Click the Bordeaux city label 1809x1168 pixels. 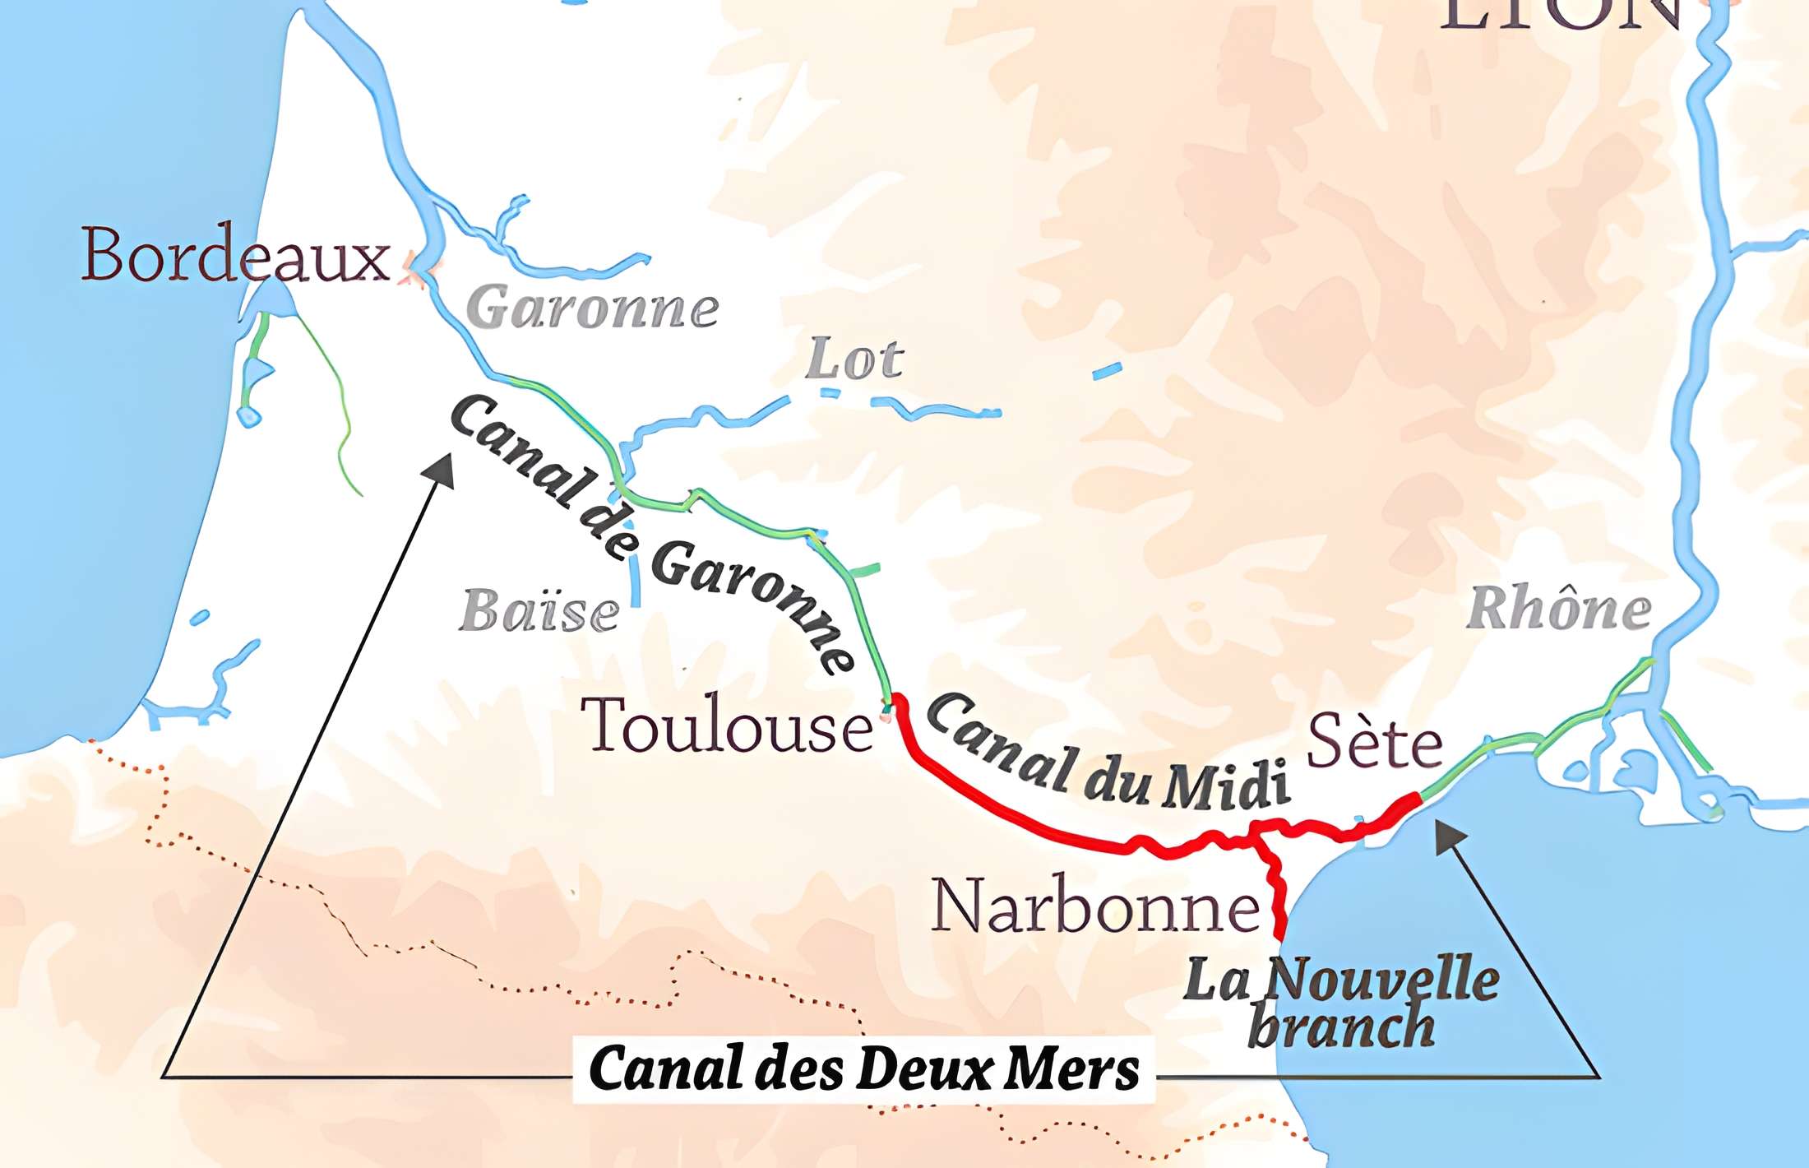235,254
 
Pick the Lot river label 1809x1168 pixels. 854,359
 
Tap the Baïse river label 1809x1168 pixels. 539,611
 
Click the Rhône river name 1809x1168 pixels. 1559,609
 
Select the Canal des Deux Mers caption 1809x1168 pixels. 863,1068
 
